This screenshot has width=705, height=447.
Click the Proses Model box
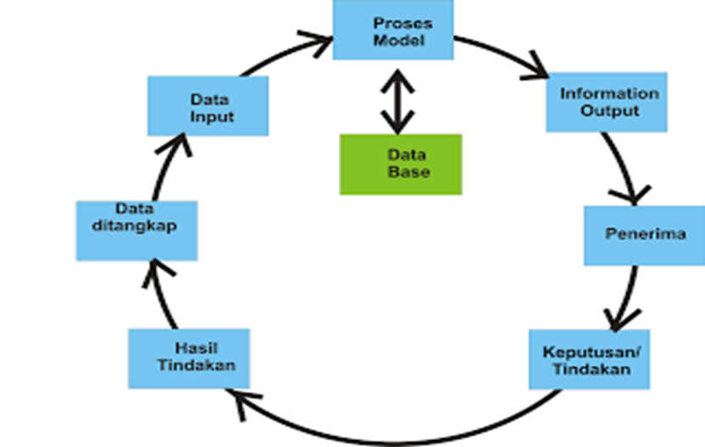click(391, 30)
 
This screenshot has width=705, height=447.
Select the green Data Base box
click(401, 164)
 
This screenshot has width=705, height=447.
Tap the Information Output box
click(607, 102)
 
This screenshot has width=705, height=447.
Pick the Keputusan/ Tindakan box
click(590, 360)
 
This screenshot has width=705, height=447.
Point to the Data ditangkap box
click(136, 229)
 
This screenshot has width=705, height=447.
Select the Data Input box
click(208, 106)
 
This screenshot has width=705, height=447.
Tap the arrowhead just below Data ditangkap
click(158, 273)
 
